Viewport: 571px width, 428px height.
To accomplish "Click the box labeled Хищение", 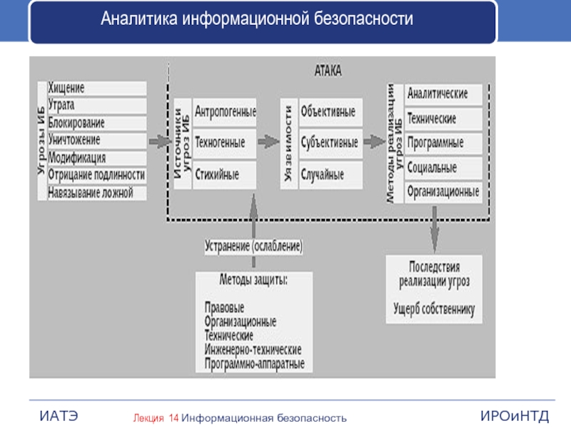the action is point(96,88).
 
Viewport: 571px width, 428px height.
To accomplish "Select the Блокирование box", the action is point(96,123).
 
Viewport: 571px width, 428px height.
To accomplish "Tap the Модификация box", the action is point(96,158).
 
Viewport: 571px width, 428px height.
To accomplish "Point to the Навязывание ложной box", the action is point(96,193).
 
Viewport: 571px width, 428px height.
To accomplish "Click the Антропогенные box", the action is point(225,113).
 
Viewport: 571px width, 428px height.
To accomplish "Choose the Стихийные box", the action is point(225,173).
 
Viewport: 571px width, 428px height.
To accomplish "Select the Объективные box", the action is point(328,113).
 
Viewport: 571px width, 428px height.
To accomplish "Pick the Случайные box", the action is point(328,173).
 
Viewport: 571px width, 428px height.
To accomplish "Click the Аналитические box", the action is point(443,93).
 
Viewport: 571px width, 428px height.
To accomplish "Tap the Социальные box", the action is point(443,168).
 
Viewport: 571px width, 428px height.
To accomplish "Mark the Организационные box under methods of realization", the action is point(443,192).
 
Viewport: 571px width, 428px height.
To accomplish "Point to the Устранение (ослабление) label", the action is point(254,246).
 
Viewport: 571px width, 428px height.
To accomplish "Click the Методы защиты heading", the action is point(254,278).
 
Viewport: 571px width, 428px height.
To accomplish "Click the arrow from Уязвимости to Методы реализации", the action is point(373,142).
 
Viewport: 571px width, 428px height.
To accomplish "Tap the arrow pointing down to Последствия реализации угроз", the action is point(435,232).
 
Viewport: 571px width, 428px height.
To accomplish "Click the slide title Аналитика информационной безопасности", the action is point(257,19).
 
